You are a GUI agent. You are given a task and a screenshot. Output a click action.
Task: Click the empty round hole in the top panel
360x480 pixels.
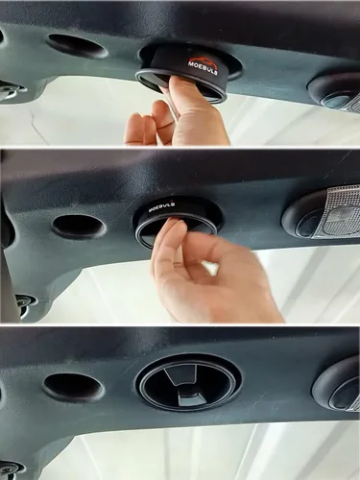pyautogui.click(x=77, y=45)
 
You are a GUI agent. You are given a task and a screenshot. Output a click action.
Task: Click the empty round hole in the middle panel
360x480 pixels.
pyautogui.click(x=79, y=226)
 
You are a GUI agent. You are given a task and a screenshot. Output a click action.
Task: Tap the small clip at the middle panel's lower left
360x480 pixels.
pyautogui.click(x=25, y=302)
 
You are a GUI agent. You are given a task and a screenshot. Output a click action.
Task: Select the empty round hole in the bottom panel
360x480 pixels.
pyautogui.click(x=74, y=386)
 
